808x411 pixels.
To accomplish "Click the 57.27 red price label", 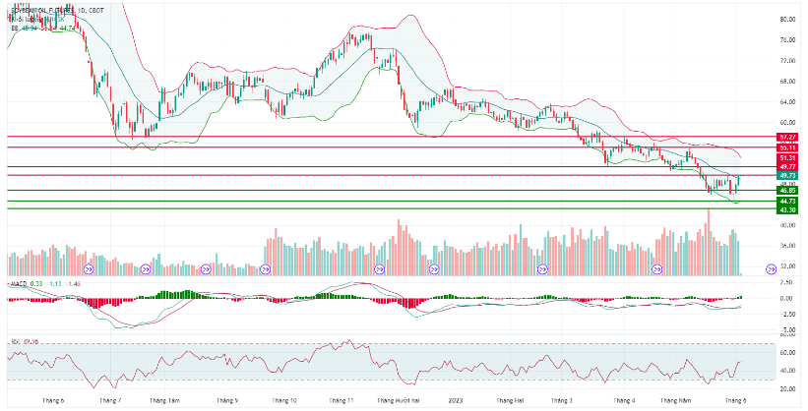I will tap(785, 137).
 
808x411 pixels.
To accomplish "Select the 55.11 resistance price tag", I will tap(785, 147).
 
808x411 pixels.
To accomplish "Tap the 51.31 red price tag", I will tap(785, 157).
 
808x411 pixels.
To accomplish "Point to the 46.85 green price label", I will tap(785, 190).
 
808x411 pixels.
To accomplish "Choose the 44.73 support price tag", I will tap(785, 201).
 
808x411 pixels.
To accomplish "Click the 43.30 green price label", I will tap(785, 209).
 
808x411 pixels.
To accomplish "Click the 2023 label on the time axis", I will tap(455, 401).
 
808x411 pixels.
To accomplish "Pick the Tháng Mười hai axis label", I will tap(402, 401).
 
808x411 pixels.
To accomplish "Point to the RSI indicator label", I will tap(15, 341).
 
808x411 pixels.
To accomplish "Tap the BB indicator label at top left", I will tap(15, 29).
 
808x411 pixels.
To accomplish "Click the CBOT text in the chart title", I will tap(100, 10).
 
